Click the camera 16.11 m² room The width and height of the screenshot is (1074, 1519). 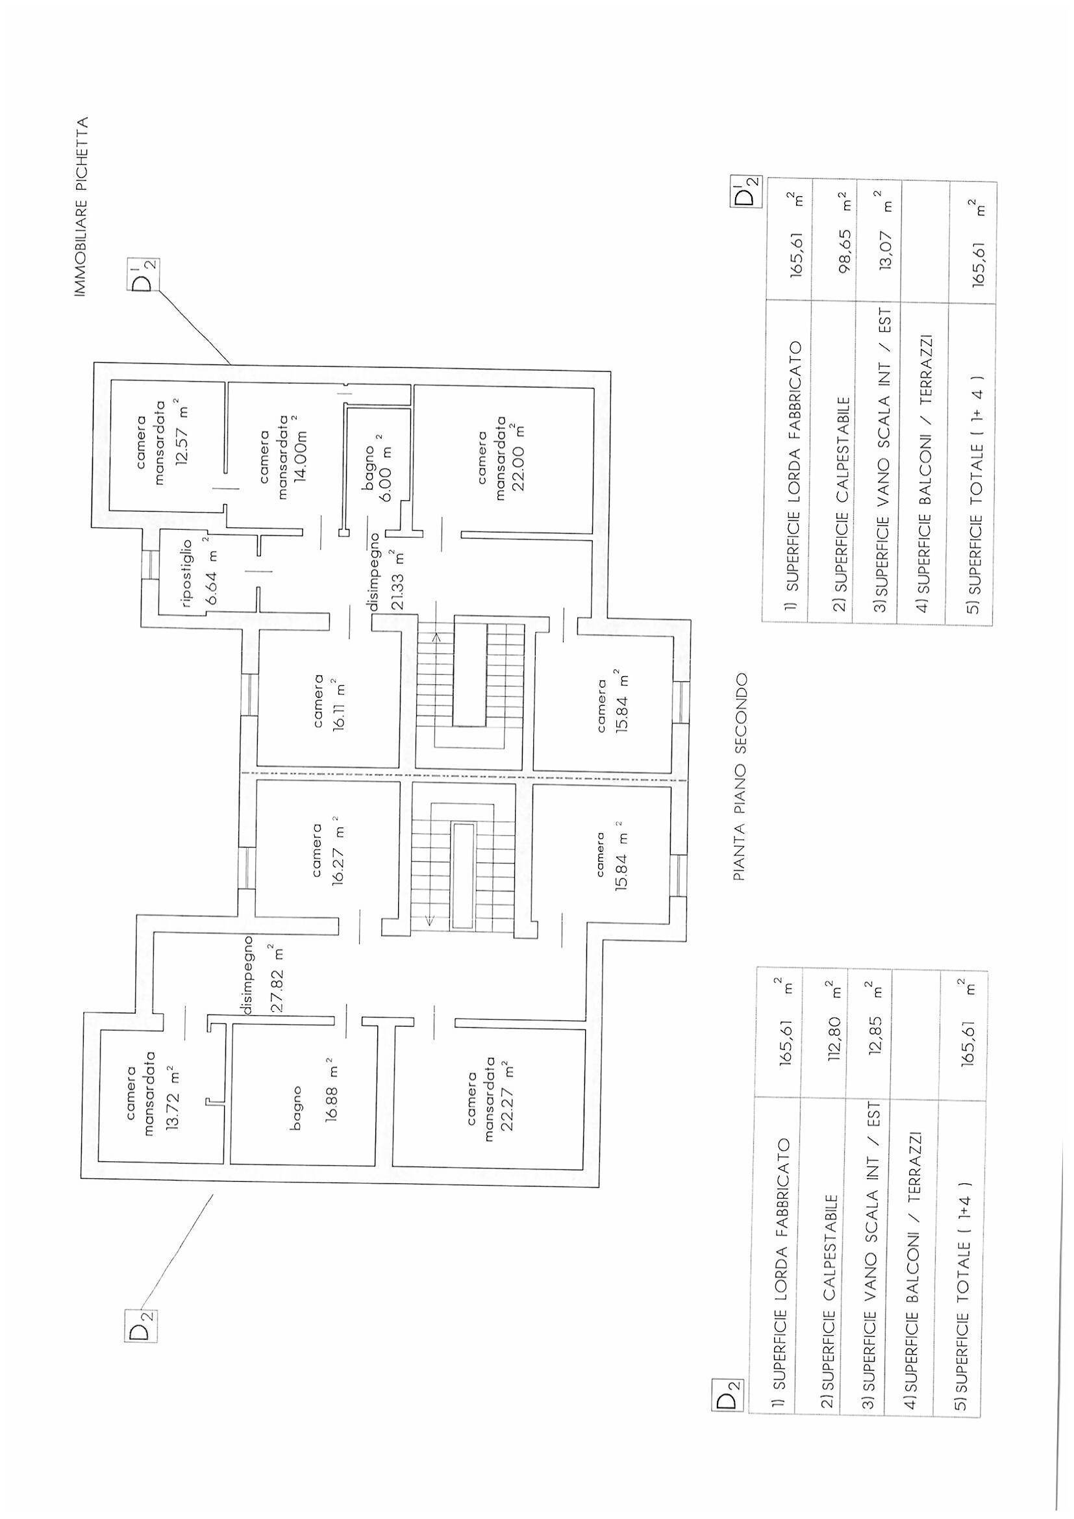(x=328, y=701)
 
